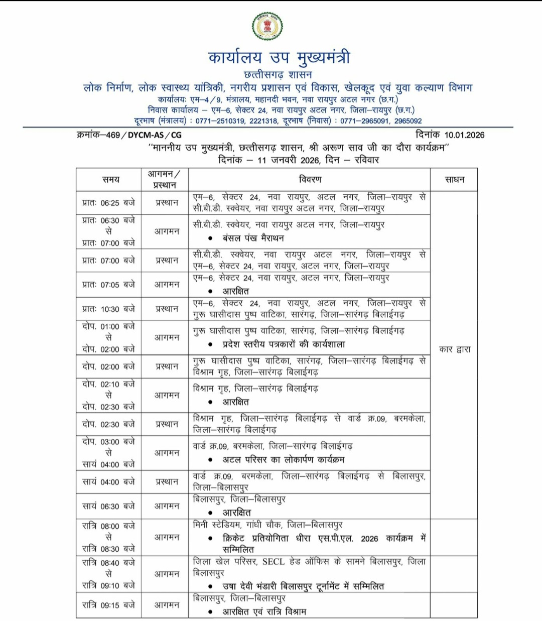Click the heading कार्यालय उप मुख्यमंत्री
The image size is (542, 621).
click(x=279, y=57)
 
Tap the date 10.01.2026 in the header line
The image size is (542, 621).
click(x=464, y=135)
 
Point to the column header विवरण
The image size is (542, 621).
click(x=310, y=179)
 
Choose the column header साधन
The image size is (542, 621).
click(x=455, y=179)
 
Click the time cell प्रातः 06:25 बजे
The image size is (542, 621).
click(x=108, y=203)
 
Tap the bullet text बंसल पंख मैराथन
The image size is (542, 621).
click(x=253, y=238)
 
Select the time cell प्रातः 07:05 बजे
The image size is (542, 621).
click(x=108, y=285)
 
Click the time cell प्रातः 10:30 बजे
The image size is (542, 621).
click(x=108, y=309)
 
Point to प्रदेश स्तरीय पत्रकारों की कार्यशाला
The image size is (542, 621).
click(x=284, y=344)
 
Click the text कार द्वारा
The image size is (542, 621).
click(x=455, y=349)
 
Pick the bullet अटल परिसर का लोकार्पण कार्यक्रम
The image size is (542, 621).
click(x=284, y=459)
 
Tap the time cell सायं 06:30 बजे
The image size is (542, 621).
click(x=108, y=507)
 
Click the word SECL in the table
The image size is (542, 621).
click(x=274, y=562)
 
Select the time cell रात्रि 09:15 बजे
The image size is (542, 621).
click(x=108, y=605)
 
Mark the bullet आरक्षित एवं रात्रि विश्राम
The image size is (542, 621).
click(x=264, y=612)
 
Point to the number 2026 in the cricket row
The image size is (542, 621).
click(x=369, y=539)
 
